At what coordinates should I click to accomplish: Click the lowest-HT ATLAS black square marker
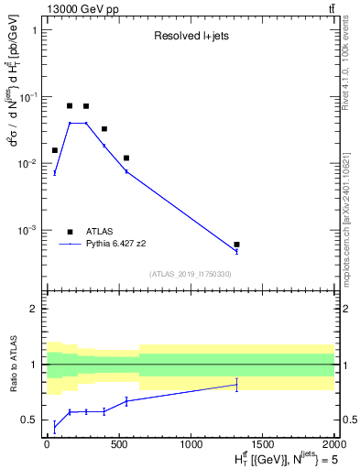[55, 150]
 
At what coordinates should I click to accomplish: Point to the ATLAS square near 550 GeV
[126, 158]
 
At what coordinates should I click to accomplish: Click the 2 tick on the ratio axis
[36, 309]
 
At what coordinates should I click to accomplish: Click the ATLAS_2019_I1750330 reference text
[189, 274]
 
